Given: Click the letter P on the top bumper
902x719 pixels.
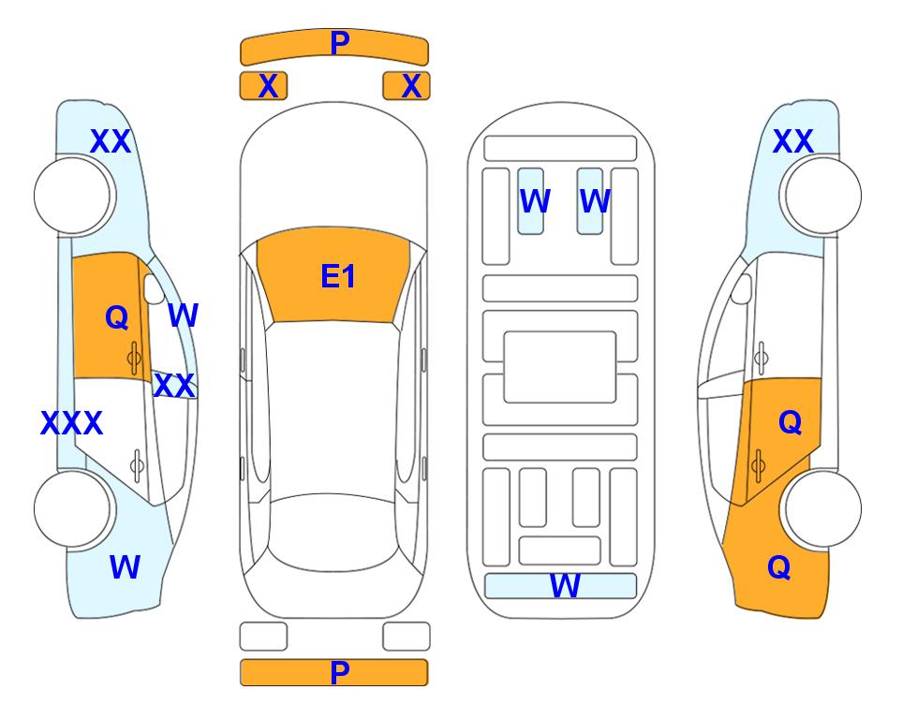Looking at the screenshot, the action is coord(340,43).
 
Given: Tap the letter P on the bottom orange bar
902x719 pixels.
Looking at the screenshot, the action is coord(339,672).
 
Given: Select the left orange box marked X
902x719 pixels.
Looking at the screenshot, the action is coord(263,86).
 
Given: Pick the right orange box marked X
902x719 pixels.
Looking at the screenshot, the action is coord(407,86).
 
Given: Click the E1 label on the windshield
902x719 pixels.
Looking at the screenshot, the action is coord(338,276).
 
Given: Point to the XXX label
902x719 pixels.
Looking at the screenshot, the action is coord(71,423).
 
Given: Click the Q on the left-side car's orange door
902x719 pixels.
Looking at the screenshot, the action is coord(117,317).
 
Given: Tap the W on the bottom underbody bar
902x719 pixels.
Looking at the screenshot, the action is coord(565,586).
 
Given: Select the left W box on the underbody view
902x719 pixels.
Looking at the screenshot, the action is coord(530,201).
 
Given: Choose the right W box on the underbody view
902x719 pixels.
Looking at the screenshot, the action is coord(590,201).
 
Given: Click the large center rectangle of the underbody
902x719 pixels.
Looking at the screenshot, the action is coord(560,367).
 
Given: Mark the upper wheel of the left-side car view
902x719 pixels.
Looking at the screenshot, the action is coord(72,196).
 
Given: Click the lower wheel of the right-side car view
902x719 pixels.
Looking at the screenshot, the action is coord(823,508).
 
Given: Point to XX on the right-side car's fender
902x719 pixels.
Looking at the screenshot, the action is coord(792,141).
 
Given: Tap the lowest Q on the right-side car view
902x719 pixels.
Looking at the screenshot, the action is coord(779,567).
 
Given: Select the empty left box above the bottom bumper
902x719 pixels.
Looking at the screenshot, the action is coord(263,637).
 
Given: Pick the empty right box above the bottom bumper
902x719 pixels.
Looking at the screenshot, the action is coord(407,637).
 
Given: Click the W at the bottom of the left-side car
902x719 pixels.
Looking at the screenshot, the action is coord(125,567).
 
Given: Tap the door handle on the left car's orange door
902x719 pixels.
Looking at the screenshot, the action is coord(134,359).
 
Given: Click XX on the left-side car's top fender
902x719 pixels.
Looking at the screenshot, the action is coord(111,141).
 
